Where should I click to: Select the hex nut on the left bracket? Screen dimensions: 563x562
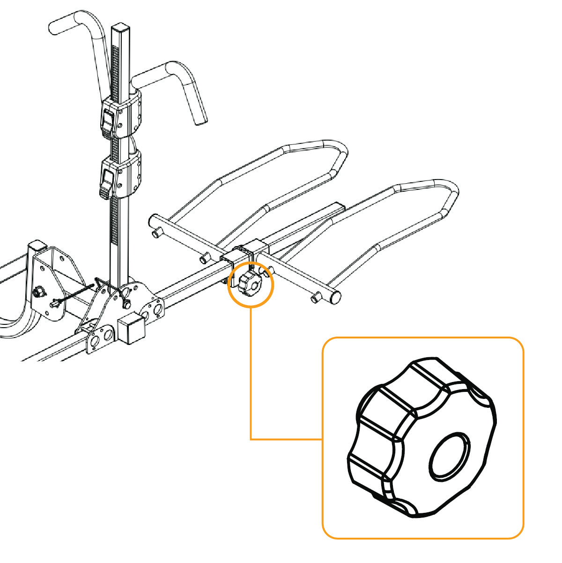click(38, 293)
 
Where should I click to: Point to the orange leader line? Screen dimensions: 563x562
click(251, 375)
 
